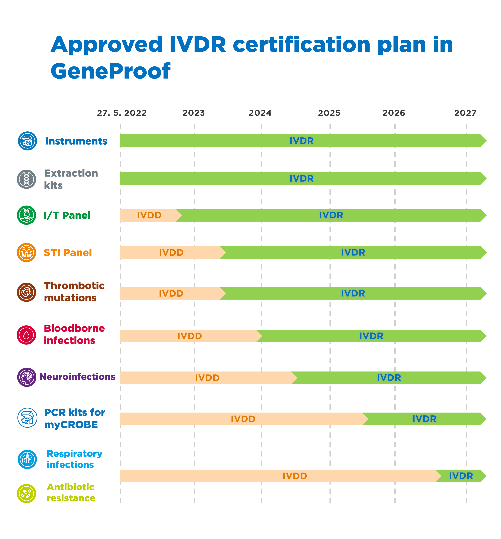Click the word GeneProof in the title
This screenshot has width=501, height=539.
click(x=110, y=71)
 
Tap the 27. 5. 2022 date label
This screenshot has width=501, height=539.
click(x=122, y=113)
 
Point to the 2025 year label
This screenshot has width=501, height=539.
click(x=329, y=113)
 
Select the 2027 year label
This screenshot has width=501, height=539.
click(x=465, y=113)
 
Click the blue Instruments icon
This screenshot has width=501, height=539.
click(x=27, y=141)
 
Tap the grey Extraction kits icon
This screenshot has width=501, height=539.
click(x=27, y=179)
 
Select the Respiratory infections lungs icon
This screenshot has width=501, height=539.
click(x=27, y=459)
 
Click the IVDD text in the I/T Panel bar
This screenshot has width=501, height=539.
click(x=149, y=215)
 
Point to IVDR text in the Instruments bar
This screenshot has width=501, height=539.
click(x=301, y=141)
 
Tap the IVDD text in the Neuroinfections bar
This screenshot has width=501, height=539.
click(x=207, y=378)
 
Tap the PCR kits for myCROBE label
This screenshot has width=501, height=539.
click(x=74, y=418)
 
